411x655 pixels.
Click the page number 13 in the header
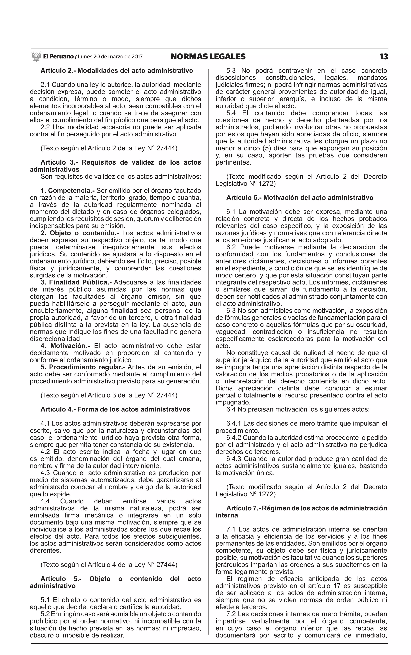click(384, 57)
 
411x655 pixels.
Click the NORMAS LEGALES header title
click(208, 57)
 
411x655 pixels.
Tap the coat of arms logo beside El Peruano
click(36, 57)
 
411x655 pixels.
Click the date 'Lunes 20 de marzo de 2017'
click(110, 57)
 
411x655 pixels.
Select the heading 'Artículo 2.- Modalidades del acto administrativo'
click(117, 71)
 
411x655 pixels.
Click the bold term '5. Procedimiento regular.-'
click(83, 367)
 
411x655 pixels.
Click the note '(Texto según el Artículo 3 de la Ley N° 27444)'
click(109, 395)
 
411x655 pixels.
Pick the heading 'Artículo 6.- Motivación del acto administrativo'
click(300, 198)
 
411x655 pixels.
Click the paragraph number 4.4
click(45, 501)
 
